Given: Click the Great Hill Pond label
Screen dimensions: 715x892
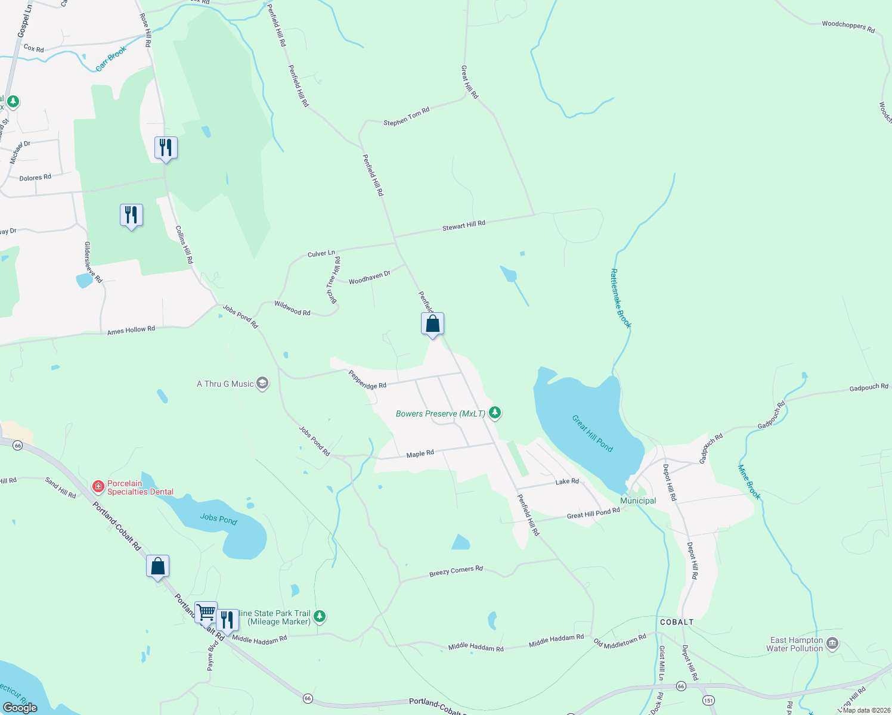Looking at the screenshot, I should click(592, 433).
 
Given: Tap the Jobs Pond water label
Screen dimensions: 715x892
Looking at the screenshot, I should click(218, 519).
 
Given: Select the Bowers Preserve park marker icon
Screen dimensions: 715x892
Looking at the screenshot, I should click(494, 412).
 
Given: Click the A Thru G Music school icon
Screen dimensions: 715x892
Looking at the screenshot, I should click(262, 383).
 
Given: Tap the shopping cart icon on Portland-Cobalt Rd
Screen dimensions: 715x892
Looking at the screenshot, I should click(206, 612).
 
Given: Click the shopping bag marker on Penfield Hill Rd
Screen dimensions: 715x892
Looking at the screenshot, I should click(432, 324).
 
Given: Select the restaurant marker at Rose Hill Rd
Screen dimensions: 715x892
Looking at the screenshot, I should click(166, 147).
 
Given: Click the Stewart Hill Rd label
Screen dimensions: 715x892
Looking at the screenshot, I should click(463, 226).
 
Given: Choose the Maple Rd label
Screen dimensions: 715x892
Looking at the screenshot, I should click(420, 454).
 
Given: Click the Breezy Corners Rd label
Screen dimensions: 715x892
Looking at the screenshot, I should click(456, 571).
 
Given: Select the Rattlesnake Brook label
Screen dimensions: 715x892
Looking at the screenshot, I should click(620, 299).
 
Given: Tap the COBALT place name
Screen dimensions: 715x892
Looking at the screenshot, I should click(677, 622).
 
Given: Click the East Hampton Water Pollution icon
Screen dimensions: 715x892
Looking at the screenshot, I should click(833, 643).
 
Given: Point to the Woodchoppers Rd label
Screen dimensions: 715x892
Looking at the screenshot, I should click(848, 26).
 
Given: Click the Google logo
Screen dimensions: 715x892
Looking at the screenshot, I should click(20, 707).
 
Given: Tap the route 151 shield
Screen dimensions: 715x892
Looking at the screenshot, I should click(708, 701).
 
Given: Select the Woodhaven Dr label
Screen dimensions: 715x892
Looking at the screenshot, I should click(369, 278).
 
